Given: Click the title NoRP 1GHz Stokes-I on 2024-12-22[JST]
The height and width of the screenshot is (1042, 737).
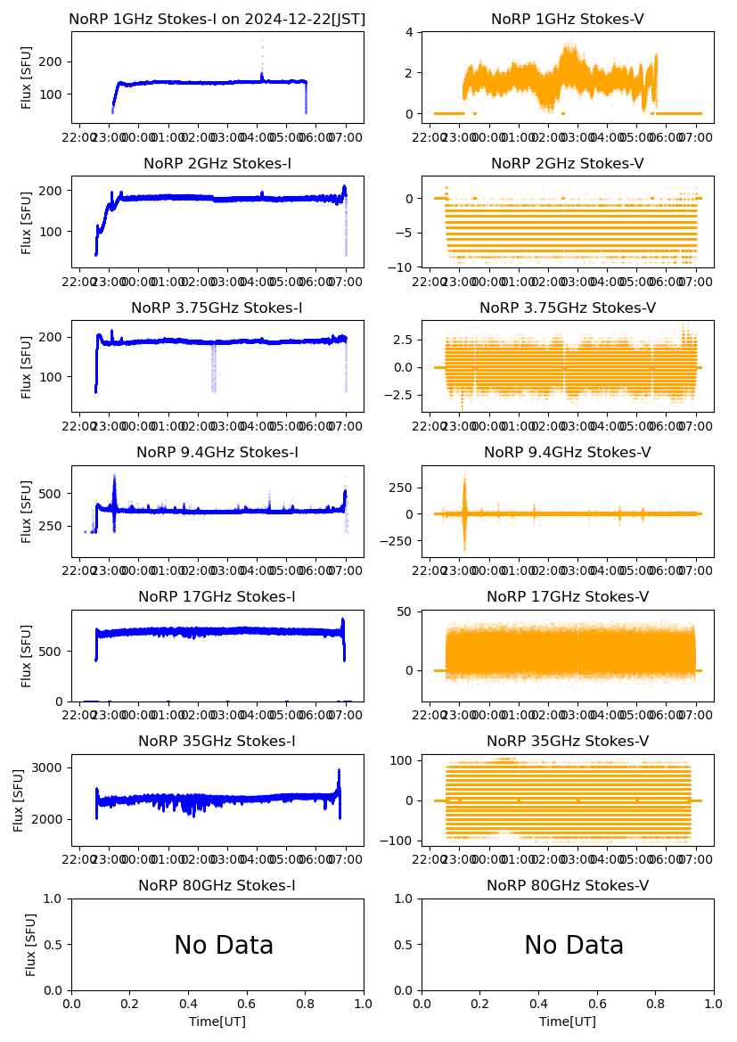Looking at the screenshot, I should (217, 19).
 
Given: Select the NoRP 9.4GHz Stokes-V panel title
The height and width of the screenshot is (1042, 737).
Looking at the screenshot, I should (568, 453).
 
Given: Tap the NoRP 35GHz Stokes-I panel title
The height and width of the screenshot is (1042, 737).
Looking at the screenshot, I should (217, 742).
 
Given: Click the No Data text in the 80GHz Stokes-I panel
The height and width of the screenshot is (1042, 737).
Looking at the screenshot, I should (224, 945).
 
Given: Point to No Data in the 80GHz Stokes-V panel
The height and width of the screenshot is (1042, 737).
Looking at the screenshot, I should (574, 945).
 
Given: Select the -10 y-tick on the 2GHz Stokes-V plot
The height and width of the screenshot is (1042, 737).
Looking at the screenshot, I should (404, 267).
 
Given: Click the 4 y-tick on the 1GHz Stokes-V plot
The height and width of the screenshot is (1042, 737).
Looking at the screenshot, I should (413, 32).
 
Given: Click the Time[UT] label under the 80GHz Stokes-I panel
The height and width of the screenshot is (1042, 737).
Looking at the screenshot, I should (217, 1021).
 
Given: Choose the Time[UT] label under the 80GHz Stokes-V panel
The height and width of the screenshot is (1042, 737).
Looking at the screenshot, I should (568, 1021).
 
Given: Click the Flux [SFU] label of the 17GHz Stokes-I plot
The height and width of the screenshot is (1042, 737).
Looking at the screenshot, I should (27, 656).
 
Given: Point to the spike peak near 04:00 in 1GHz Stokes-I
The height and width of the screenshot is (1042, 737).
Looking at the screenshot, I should (262, 41).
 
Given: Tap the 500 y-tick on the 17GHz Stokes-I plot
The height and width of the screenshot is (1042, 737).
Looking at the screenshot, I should (52, 652).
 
